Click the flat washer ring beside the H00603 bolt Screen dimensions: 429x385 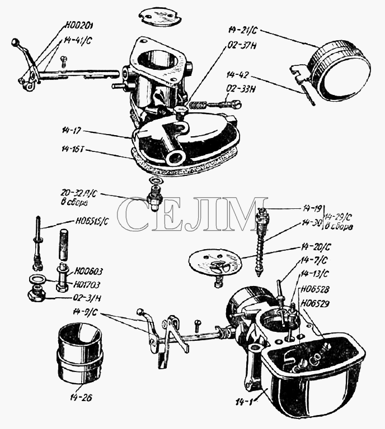pos(38,279)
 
